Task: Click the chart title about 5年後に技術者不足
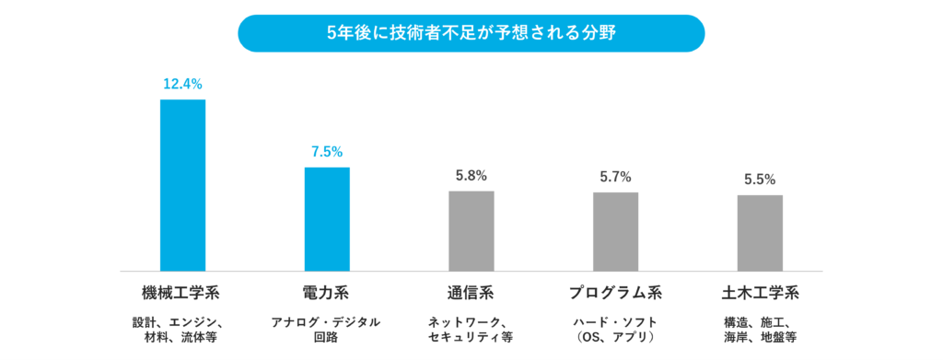coord(471,33)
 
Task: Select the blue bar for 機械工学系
coord(182,185)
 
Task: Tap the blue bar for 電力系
coord(327,219)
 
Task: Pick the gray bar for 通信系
coord(471,231)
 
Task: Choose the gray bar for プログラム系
coord(615,232)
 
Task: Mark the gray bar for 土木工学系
coord(760,233)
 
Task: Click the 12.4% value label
coord(182,84)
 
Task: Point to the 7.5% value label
coord(327,152)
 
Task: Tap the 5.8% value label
coord(471,176)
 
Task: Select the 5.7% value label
coord(615,177)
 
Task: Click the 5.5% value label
coord(760,180)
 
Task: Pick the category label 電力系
coord(326,294)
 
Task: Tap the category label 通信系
coord(471,294)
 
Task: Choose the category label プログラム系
coord(615,294)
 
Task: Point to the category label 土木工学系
coord(760,294)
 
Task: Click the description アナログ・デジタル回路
coord(326,330)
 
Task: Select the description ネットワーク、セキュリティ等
coord(471,330)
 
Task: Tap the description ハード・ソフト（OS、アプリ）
coord(615,330)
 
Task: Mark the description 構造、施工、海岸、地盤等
coord(760,330)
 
